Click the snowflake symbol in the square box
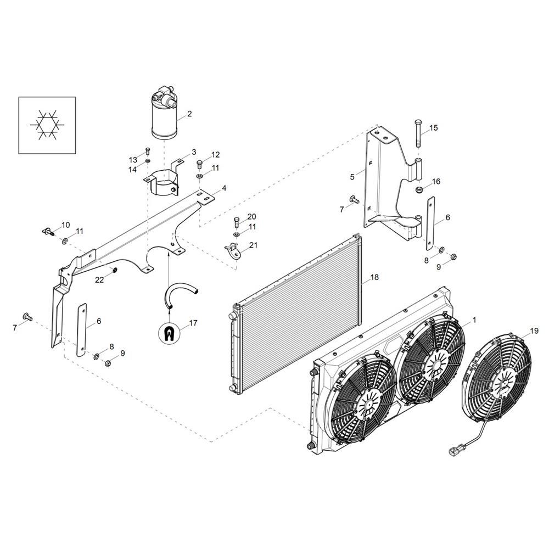pyautogui.click(x=47, y=125)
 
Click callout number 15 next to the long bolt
pyautogui.click(x=433, y=128)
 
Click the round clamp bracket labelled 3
pyautogui.click(x=162, y=182)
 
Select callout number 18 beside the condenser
pyautogui.click(x=374, y=278)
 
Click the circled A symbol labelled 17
pyautogui.click(x=170, y=332)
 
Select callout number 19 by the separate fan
pyautogui.click(x=534, y=331)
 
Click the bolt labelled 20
pyautogui.click(x=237, y=221)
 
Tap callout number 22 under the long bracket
pyautogui.click(x=99, y=279)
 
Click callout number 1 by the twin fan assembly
pyautogui.click(x=474, y=319)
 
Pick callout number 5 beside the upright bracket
pyautogui.click(x=352, y=177)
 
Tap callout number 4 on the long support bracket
pyautogui.click(x=224, y=188)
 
